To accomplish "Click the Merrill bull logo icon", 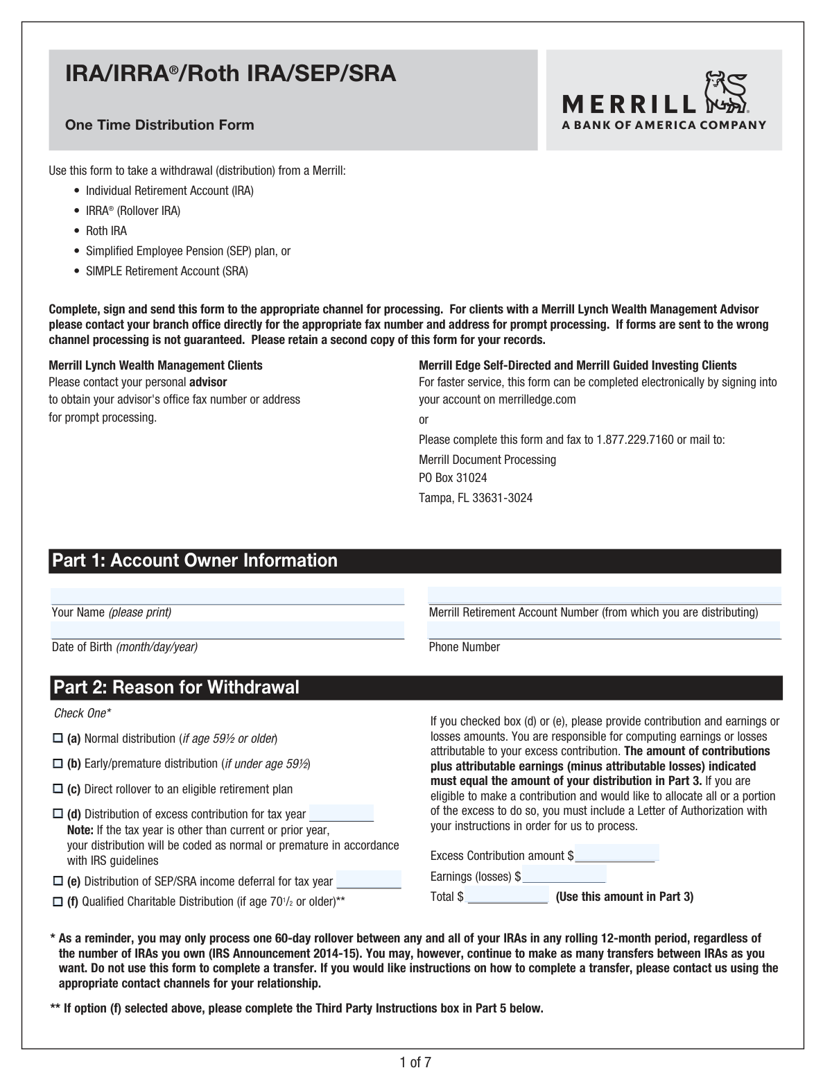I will point(725,92).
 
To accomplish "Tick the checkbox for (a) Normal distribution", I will point(58,739).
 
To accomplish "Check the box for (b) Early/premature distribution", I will point(58,764).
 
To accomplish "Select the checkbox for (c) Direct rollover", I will point(58,789).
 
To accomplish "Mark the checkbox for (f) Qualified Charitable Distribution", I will point(58,902).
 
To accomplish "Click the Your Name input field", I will point(227,596).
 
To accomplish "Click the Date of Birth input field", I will point(227,630).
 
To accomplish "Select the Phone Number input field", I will point(604,630).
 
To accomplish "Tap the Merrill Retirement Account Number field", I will point(604,596).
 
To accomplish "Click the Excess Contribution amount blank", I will point(616,854).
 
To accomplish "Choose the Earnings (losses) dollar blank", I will point(564,874).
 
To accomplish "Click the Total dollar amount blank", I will point(508,895).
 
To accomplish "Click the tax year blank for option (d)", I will point(341,813).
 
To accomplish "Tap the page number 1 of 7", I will point(415,1062).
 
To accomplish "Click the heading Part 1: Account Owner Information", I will point(196,560).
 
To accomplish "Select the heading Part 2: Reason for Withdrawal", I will point(177,687).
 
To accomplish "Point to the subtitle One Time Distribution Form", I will point(159,125).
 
